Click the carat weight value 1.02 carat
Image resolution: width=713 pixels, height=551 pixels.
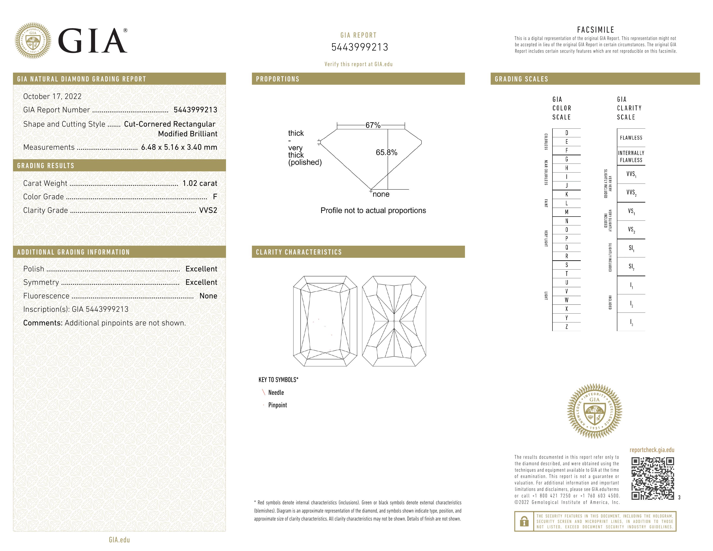tap(199, 183)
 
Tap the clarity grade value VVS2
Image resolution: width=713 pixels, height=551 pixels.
tap(208, 210)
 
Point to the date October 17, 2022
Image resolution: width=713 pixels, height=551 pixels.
tap(52, 96)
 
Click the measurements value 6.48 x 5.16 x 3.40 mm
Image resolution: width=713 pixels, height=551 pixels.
tap(179, 147)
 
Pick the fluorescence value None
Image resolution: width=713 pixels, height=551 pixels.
tap(208, 296)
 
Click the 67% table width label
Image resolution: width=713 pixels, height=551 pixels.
tap(373, 125)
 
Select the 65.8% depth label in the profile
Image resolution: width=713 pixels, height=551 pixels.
tap(387, 152)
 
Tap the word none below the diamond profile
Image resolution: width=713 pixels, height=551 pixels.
tap(381, 194)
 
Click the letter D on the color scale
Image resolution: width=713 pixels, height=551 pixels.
tap(567, 133)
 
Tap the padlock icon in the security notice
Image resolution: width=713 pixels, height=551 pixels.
tap(524, 521)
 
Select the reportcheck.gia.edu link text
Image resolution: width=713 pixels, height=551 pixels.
tap(652, 450)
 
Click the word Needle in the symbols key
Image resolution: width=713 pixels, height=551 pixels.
tap(276, 393)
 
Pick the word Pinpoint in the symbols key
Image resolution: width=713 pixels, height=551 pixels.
tap(277, 405)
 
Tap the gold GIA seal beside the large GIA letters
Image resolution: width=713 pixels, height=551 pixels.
tap(33, 41)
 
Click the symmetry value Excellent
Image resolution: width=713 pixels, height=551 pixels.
tap(201, 282)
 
